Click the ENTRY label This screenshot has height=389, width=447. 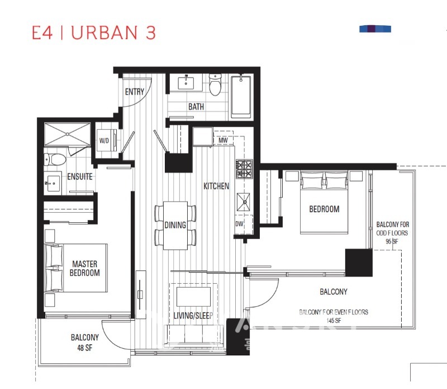click(x=135, y=92)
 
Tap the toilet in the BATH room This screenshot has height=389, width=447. click(x=215, y=85)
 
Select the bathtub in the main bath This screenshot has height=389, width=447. click(x=241, y=97)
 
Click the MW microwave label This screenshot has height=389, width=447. click(x=223, y=140)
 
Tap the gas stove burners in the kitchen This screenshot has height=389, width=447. click(x=244, y=169)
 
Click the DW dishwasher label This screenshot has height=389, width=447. click(x=240, y=224)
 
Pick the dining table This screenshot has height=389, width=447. click(x=175, y=226)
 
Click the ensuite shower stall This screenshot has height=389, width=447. click(x=67, y=134)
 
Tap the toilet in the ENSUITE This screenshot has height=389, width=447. click(x=54, y=160)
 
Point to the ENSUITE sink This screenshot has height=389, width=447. click(x=53, y=183)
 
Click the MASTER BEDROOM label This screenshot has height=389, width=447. click(x=85, y=268)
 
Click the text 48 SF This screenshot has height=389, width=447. click(x=85, y=348)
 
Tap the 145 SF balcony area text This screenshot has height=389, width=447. click(x=334, y=321)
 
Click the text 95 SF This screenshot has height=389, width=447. click(x=392, y=242)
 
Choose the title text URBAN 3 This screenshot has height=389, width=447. click(x=113, y=32)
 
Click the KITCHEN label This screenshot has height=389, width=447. click(x=216, y=186)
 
